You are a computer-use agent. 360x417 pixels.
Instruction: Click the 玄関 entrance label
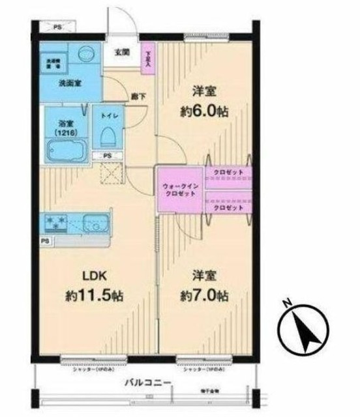tap(122, 53)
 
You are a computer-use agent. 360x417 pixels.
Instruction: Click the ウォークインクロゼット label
tap(177, 191)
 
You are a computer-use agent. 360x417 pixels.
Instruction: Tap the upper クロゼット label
tap(230, 172)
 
